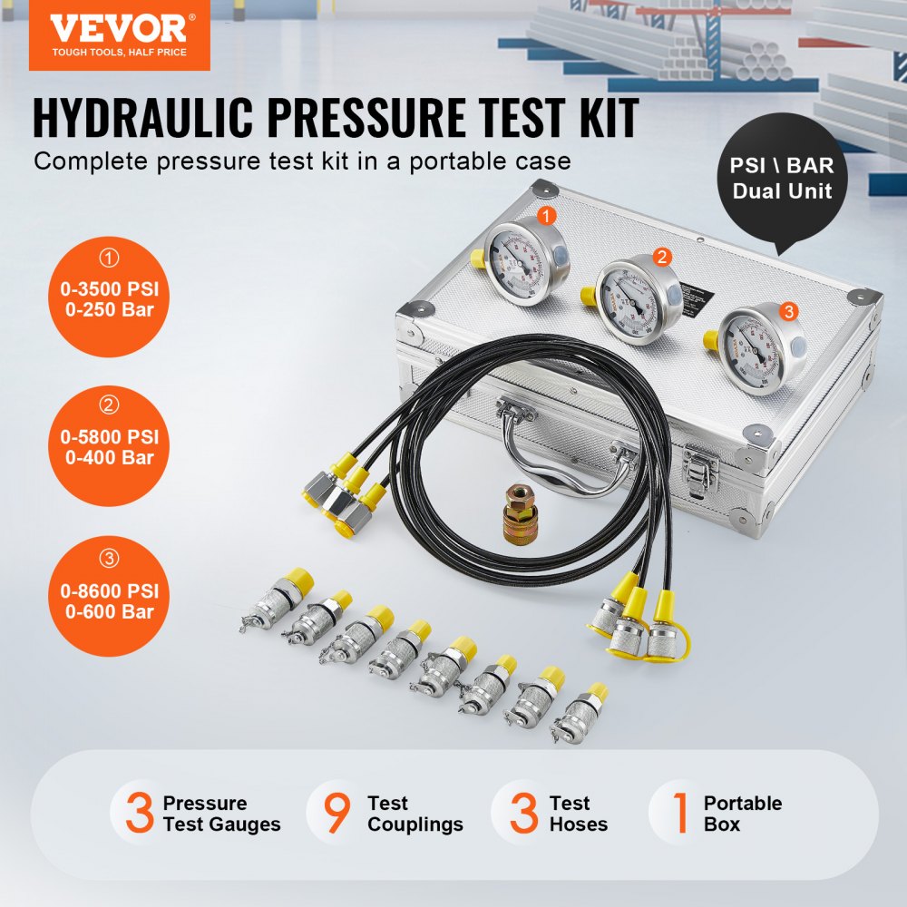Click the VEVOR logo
coord(119,34)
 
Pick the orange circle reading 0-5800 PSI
coord(109,446)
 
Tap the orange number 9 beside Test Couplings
coord(336,813)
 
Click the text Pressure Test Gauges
coord(220,814)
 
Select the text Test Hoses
coord(578,814)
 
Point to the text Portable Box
coord(742,814)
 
